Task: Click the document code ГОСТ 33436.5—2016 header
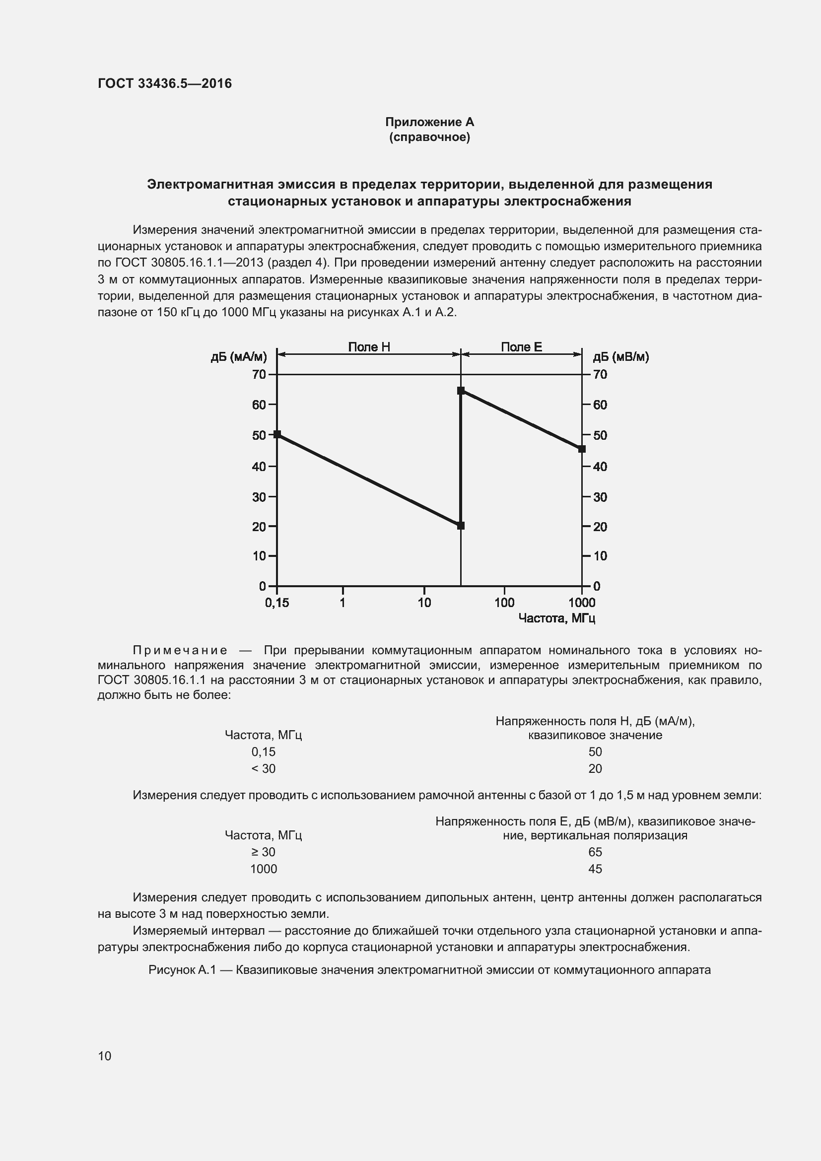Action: click(x=165, y=83)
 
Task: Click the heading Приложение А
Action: click(x=429, y=122)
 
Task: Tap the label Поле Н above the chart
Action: click(x=369, y=347)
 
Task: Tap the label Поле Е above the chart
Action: click(x=521, y=347)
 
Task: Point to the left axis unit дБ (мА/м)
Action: click(x=239, y=357)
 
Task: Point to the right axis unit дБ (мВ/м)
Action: click(x=620, y=357)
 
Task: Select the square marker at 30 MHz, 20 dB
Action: click(x=461, y=526)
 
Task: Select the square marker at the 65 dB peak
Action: click(x=461, y=391)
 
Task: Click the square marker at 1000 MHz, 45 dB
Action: click(x=582, y=449)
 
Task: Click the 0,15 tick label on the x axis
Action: click(x=276, y=603)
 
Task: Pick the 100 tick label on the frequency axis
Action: click(x=504, y=603)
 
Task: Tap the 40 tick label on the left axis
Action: click(x=259, y=466)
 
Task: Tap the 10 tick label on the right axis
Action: click(x=600, y=556)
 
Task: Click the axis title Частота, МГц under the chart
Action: click(x=556, y=618)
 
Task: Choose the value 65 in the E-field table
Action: click(x=595, y=852)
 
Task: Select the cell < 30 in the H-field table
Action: click(x=264, y=768)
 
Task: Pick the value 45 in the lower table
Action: click(x=595, y=869)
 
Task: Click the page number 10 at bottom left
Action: click(x=105, y=1056)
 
